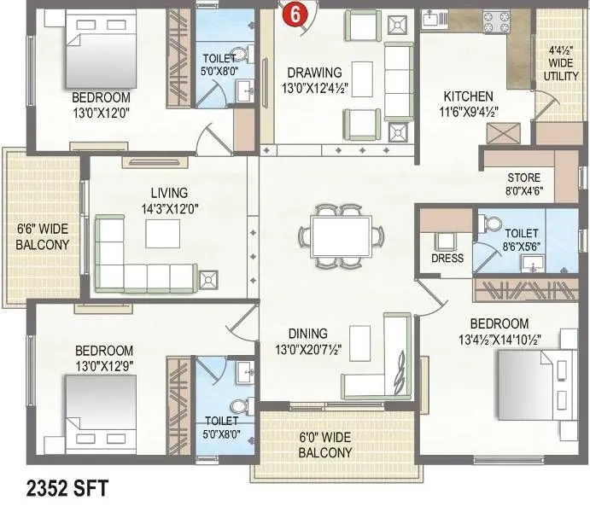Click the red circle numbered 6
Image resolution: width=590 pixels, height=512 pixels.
(x=295, y=14)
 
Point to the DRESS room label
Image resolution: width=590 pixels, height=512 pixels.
(x=447, y=259)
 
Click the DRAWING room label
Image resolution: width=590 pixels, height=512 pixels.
(x=314, y=73)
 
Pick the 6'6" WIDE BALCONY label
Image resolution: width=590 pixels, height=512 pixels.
(x=43, y=236)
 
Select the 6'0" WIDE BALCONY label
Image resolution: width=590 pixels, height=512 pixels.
(x=324, y=445)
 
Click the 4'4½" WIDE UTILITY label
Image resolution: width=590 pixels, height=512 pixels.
(x=561, y=63)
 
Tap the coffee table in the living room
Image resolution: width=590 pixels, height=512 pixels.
(x=162, y=233)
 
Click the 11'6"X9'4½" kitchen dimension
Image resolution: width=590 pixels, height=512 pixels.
(x=468, y=111)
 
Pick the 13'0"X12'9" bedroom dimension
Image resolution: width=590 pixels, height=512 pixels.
(x=104, y=365)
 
